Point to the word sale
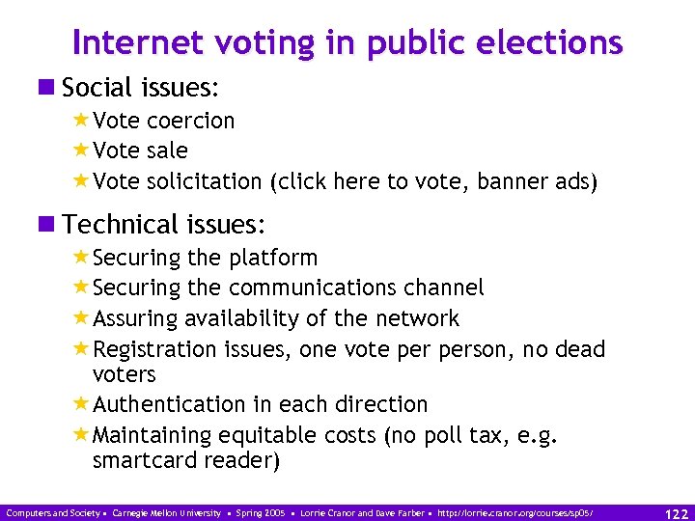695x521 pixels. pyautogui.click(x=167, y=151)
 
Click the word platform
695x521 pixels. pyautogui.click(x=273, y=258)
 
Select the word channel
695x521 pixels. pyautogui.click(x=444, y=288)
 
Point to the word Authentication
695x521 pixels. pyautogui.click(x=169, y=404)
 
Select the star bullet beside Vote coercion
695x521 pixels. pyautogui.click(x=81, y=121)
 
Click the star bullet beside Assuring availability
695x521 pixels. pyautogui.click(x=81, y=318)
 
